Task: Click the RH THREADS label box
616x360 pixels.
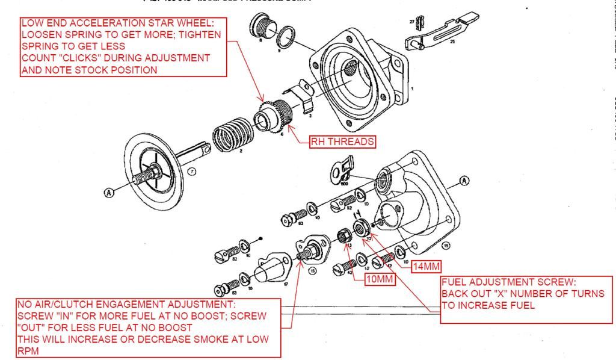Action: pos(342,142)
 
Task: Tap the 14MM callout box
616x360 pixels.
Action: pos(427,266)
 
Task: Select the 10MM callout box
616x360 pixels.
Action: pos(380,279)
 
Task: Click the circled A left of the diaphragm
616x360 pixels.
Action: pos(109,192)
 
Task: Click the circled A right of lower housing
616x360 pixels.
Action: pos(464,181)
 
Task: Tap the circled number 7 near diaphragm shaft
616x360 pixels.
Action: pos(191,172)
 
